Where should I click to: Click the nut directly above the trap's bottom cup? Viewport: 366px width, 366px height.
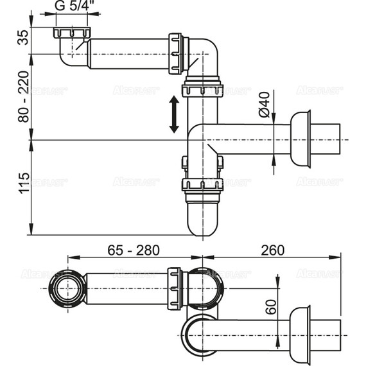tap(202, 186)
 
